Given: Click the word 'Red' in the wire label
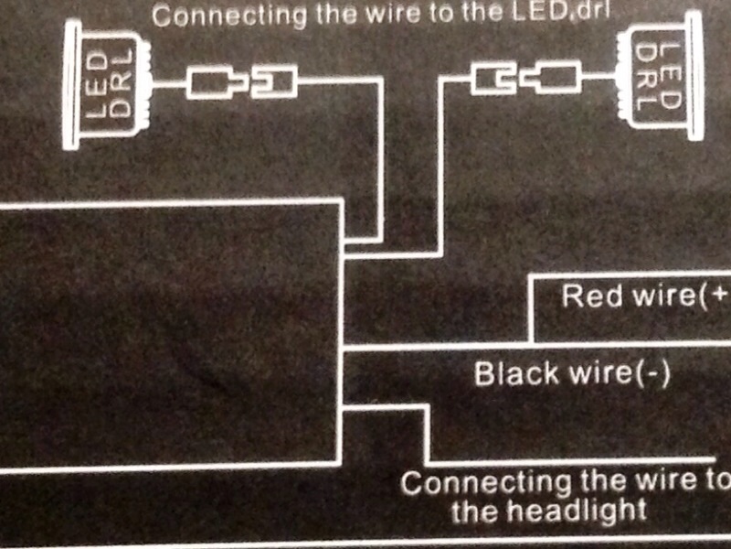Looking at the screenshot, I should point(586,296).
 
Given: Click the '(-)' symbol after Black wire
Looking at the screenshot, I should point(652,374).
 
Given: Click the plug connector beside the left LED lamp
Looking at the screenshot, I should point(213,84).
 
